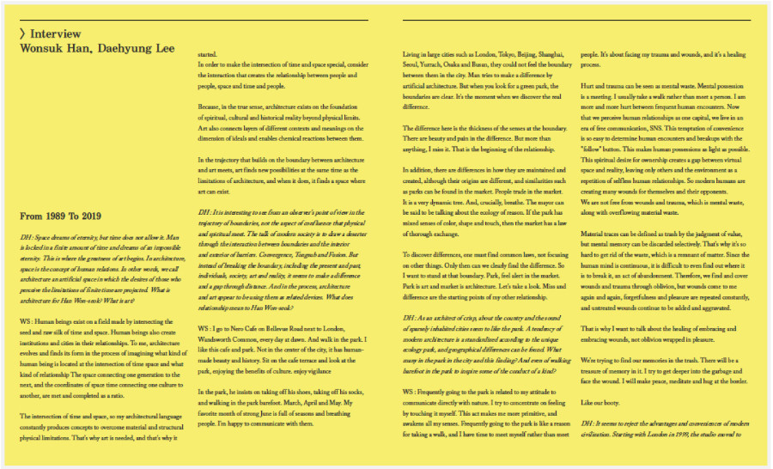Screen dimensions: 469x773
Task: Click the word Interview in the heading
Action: (57, 33)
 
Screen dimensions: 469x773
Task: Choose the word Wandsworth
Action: (218, 338)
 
